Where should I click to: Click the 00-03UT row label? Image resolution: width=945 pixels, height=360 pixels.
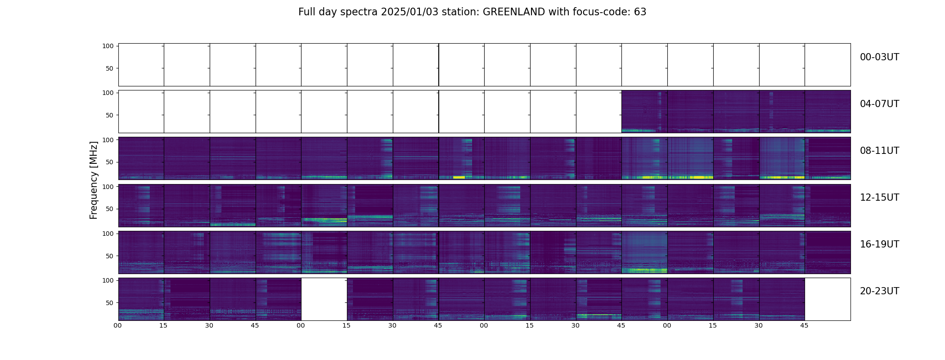879,57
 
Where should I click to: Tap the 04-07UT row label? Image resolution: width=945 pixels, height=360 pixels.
879,104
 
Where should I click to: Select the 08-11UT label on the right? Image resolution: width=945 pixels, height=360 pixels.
879,151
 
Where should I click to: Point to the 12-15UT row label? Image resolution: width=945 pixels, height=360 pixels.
879,198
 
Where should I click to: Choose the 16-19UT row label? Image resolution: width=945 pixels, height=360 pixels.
879,244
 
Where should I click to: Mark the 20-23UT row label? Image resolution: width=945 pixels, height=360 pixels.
879,291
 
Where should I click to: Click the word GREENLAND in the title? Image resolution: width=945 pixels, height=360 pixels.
513,12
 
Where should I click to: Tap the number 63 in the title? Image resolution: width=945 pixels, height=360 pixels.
640,12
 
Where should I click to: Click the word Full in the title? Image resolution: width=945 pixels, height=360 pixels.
306,12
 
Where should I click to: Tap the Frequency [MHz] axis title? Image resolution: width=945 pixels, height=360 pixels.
94,180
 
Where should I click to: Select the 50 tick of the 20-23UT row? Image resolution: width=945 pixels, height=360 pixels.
109,303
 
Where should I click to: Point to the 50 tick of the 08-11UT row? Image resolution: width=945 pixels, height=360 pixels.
109,162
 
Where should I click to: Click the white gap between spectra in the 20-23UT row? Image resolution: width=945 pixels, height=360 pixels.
324,299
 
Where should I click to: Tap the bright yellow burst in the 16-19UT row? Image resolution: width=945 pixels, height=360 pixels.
644,270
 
